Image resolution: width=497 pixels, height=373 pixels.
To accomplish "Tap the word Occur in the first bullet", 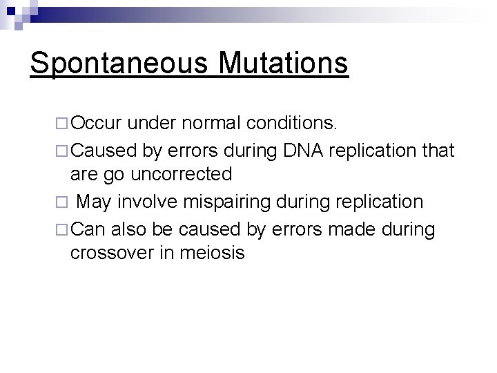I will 97,123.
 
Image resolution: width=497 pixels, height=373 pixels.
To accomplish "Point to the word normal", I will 215,123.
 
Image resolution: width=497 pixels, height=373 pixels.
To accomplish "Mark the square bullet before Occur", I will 62,124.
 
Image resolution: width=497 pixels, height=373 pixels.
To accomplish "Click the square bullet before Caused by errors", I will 62,149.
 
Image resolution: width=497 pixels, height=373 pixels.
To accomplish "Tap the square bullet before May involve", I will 62,202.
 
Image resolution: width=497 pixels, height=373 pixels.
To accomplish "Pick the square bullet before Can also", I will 62,228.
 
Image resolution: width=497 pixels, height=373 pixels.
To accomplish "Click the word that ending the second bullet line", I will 437,149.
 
